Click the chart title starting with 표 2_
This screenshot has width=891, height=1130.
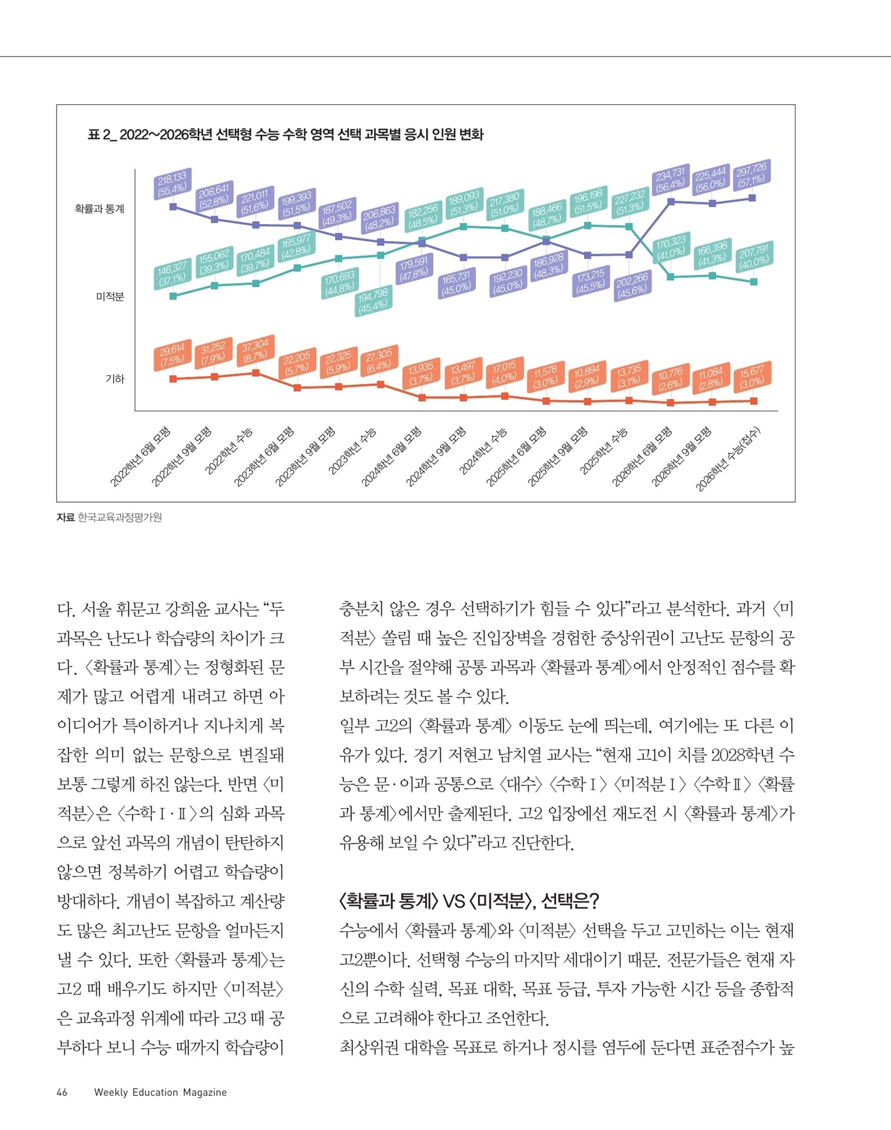(x=285, y=135)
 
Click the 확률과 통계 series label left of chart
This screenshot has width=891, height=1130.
(x=100, y=209)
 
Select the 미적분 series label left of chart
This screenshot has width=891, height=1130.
(x=110, y=297)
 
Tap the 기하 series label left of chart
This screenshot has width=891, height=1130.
(x=115, y=379)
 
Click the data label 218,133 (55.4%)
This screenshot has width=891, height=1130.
(x=172, y=182)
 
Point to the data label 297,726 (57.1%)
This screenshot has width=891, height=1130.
(x=751, y=175)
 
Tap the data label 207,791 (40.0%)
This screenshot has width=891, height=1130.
(x=754, y=257)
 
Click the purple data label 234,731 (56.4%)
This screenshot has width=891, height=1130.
(x=670, y=178)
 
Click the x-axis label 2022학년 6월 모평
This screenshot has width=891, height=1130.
(x=141, y=457)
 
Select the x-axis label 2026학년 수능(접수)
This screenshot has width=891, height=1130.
(x=729, y=459)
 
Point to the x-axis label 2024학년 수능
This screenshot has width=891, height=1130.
(x=483, y=451)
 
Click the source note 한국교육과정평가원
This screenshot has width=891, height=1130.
(x=120, y=517)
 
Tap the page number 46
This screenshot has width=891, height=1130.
(x=62, y=1092)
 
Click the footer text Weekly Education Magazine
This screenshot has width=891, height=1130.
(x=160, y=1092)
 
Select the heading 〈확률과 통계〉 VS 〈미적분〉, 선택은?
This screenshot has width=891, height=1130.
(x=469, y=900)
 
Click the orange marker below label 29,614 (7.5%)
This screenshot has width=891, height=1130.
(x=173, y=379)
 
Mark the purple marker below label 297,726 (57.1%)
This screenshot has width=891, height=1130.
(x=752, y=198)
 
